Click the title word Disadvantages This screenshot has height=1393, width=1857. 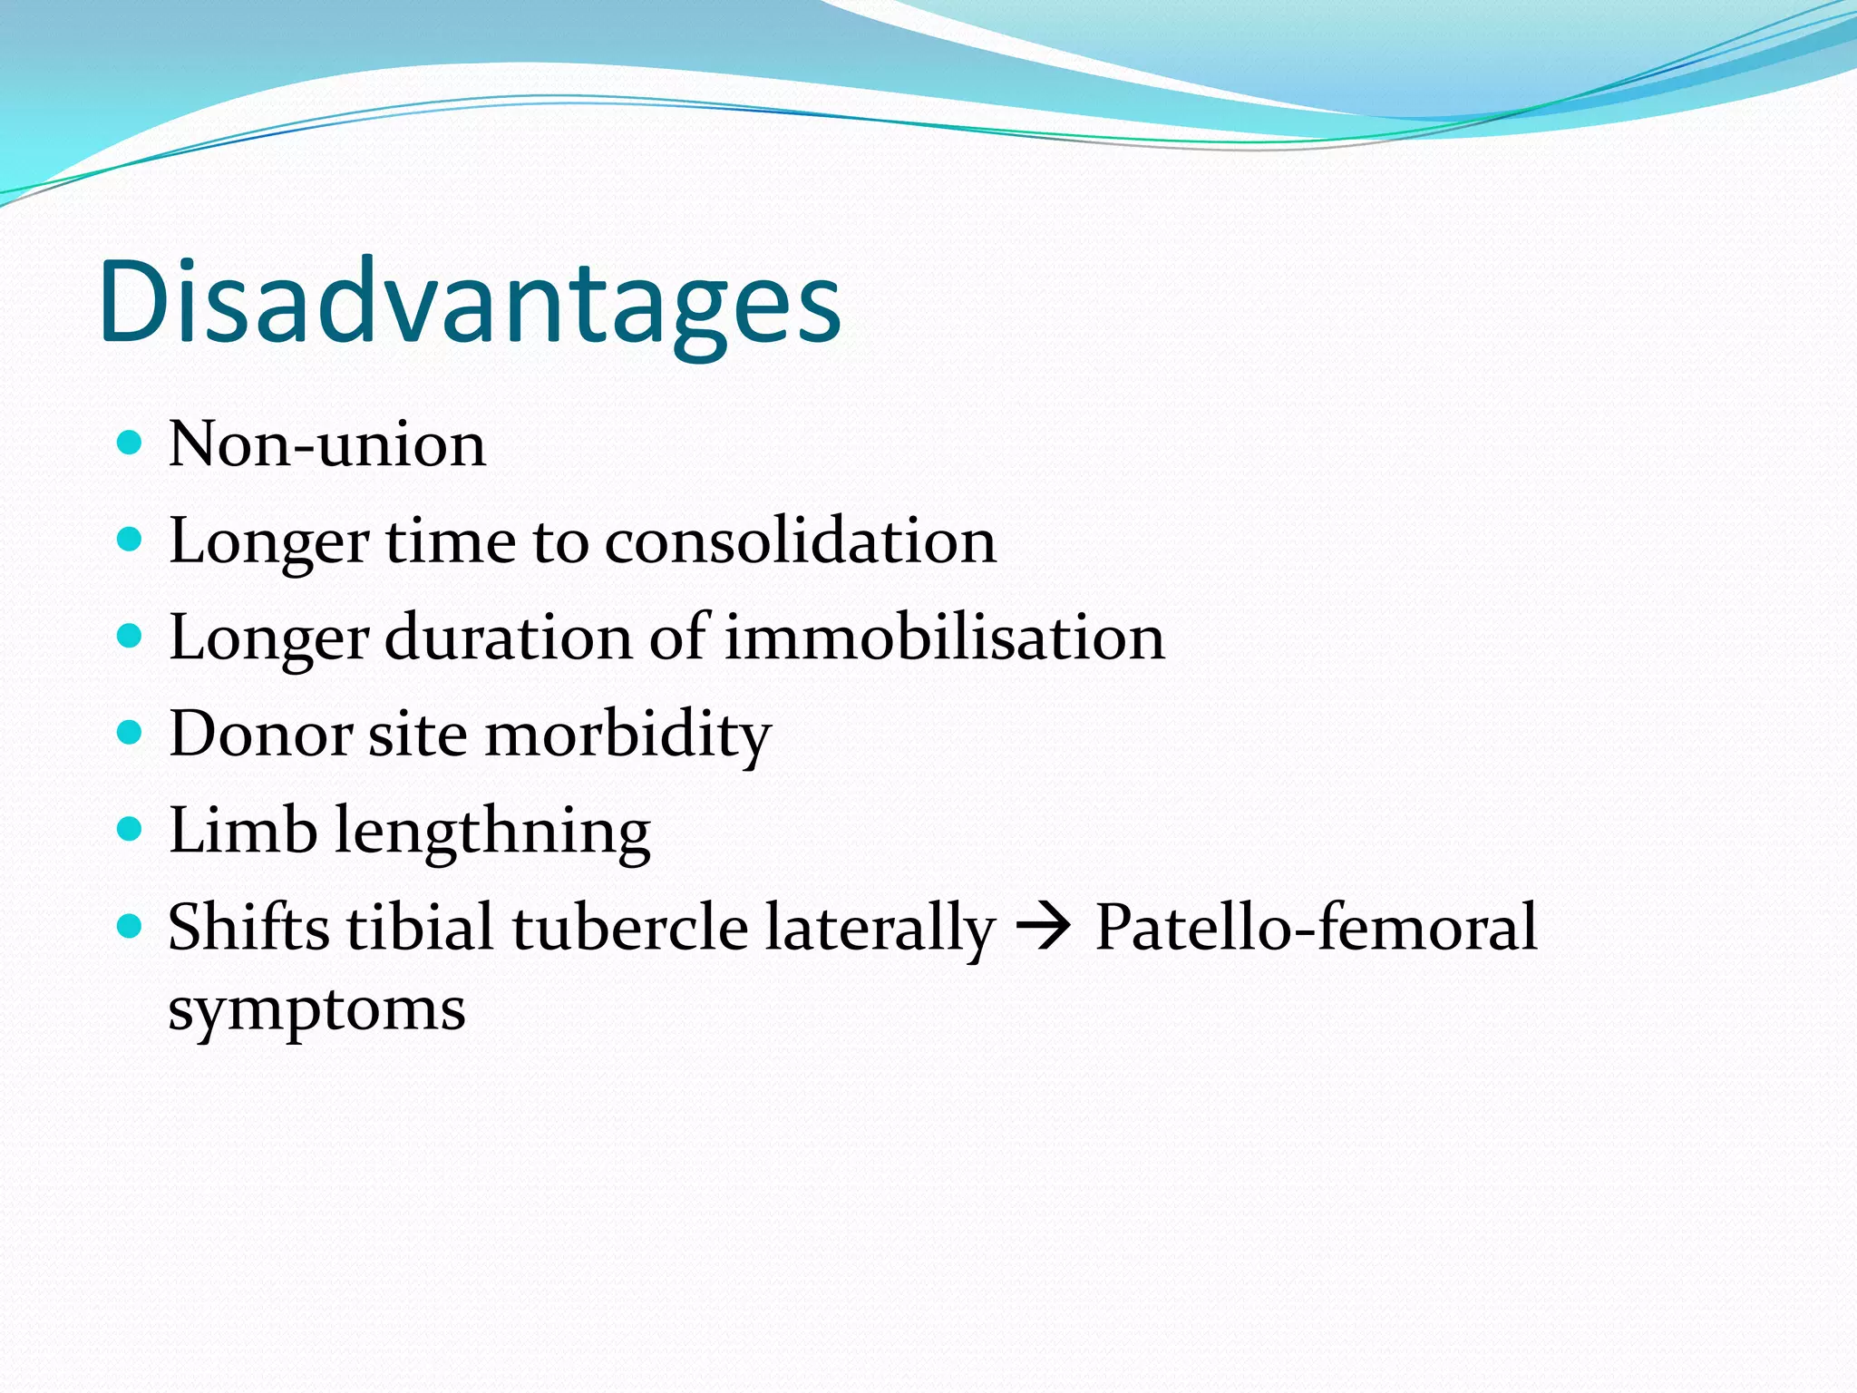(x=470, y=302)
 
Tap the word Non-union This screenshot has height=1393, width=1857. (x=327, y=444)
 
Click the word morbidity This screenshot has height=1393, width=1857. (x=627, y=735)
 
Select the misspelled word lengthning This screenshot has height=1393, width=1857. (x=492, y=833)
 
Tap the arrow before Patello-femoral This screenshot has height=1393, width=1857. (x=1044, y=929)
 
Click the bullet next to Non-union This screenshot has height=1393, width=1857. (x=131, y=443)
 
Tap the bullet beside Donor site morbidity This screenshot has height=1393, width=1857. (x=131, y=732)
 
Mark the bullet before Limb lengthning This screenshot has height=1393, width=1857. (x=131, y=829)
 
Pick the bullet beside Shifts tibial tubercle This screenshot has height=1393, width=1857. (x=131, y=926)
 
